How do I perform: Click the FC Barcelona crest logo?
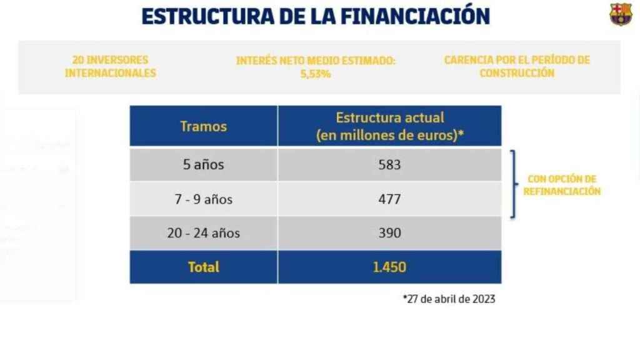(621, 14)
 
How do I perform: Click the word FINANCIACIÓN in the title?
(415, 16)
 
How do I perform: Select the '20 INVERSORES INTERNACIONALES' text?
(110, 66)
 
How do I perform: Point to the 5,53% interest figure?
(315, 74)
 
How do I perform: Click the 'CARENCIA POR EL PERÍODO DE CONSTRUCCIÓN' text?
(517, 66)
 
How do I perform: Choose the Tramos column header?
(203, 126)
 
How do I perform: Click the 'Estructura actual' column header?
(390, 126)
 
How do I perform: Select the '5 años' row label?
(203, 165)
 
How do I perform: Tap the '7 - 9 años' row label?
(203, 199)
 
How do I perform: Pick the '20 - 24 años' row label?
(203, 233)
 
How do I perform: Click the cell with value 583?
(389, 165)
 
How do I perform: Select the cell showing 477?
(389, 199)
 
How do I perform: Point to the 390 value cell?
(389, 233)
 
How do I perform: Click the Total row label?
(203, 267)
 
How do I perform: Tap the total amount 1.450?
(389, 267)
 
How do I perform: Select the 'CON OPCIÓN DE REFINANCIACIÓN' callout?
(561, 186)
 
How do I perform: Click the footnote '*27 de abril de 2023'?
(449, 299)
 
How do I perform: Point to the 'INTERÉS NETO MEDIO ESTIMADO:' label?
(316, 61)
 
